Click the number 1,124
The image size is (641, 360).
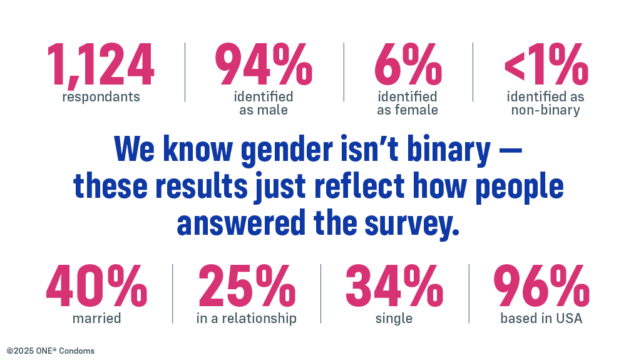coord(100,66)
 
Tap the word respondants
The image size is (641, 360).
coord(101,97)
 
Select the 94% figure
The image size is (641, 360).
coord(264,66)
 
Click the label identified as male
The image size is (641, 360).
coord(264,103)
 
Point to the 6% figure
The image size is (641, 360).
coord(408,66)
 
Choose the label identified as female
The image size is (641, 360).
coord(408,103)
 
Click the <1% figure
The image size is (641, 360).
coord(545,66)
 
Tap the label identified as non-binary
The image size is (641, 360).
coord(545,103)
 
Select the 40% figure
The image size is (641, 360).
coord(96,287)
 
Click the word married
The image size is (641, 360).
coord(96,318)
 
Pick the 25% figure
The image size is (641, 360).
coord(247,287)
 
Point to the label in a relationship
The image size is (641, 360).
coord(247,318)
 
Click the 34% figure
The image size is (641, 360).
coord(394,287)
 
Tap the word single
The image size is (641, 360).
coord(394,318)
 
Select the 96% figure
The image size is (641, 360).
coord(541,287)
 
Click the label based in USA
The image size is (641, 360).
coord(541,318)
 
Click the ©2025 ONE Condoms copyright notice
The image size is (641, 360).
coord(51,351)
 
